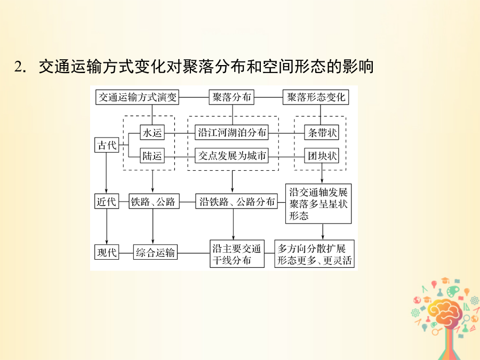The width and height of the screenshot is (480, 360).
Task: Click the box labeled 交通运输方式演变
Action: (137, 98)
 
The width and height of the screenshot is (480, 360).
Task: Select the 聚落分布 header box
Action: (231, 98)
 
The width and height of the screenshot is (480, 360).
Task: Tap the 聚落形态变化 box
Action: (316, 98)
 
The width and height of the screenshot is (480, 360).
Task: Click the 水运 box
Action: (152, 133)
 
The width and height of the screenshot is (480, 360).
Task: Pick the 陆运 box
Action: (152, 156)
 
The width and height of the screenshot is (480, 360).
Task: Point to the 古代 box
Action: (107, 145)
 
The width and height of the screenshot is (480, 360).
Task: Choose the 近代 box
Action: (107, 202)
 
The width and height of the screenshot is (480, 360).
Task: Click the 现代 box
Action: (107, 252)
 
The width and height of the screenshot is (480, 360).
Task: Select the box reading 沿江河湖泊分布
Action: (232, 132)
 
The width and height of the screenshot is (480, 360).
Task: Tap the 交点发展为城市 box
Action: (232, 156)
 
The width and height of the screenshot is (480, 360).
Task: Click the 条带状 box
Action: (322, 133)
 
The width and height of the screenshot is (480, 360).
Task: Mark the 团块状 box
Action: (322, 156)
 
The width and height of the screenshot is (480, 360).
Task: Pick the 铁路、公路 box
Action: (154, 202)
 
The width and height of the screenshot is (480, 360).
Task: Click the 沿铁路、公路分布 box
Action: (237, 202)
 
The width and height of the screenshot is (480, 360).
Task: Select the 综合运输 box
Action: (156, 252)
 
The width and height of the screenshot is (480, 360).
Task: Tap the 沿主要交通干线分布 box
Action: (237, 254)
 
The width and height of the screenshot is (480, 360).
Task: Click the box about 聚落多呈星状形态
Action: (318, 204)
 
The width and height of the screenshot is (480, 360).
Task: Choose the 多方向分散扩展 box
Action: (314, 254)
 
